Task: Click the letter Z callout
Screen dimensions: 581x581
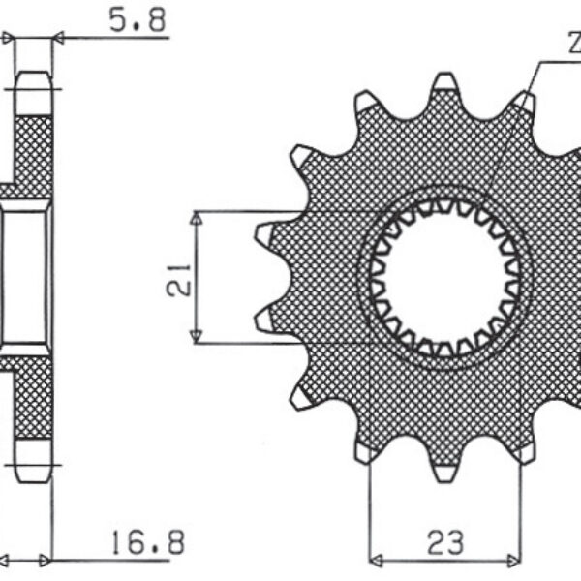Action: click(573, 44)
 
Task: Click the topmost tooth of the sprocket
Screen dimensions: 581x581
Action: click(444, 84)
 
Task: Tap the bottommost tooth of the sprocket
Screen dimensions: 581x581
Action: click(444, 471)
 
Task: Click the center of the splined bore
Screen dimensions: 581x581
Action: click(444, 277)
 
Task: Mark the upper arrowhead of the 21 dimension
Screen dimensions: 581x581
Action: click(197, 219)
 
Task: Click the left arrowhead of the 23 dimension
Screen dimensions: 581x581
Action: click(377, 559)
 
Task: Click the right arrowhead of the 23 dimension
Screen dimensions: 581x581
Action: click(514, 559)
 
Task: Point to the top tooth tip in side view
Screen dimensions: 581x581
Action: click(34, 77)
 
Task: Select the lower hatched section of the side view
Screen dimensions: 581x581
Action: click(36, 397)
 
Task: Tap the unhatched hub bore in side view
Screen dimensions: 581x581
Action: click(25, 276)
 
